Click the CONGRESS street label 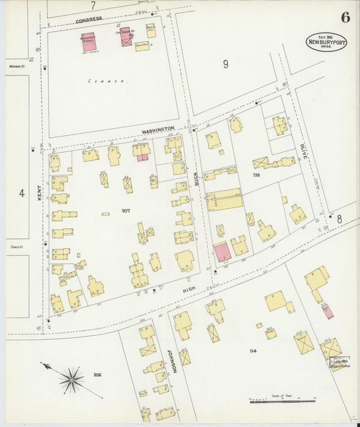88,20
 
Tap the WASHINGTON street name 158,128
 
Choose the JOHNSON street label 173,357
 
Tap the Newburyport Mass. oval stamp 326,41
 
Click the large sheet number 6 345,18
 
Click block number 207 126,211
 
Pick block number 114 253,351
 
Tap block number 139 256,175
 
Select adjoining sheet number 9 226,64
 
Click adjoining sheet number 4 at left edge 22,193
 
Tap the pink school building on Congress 88,41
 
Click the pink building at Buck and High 222,253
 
